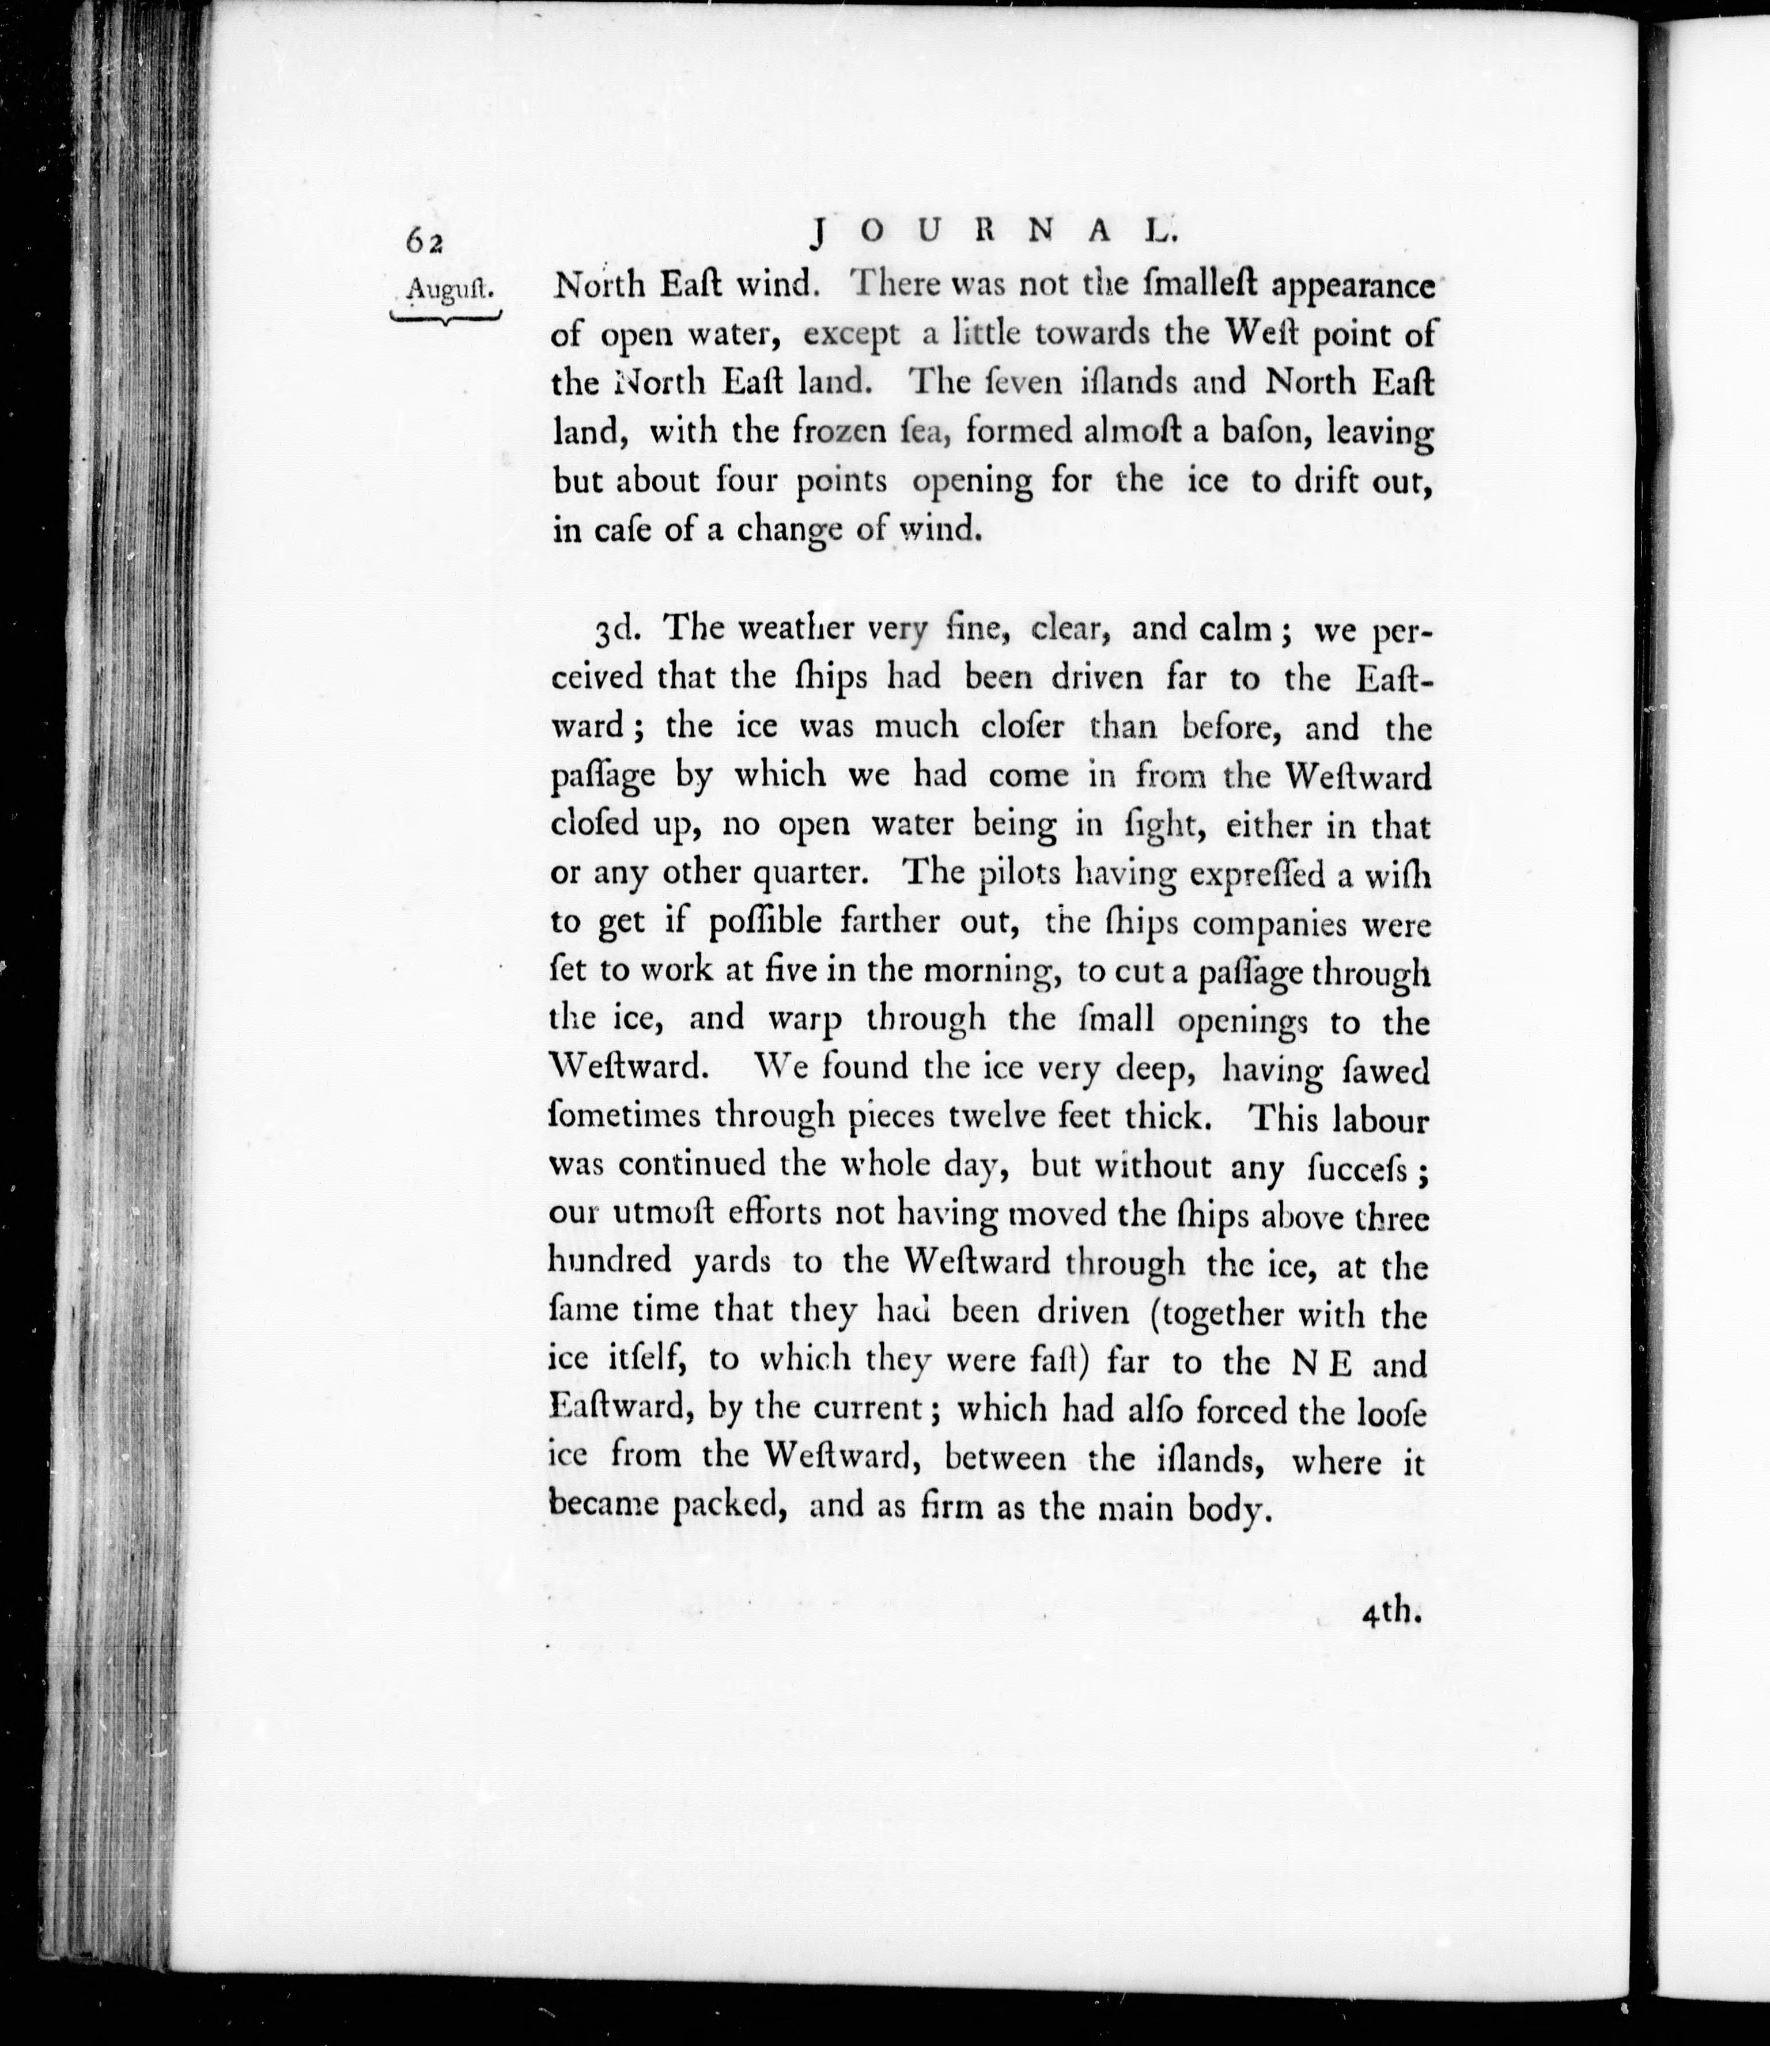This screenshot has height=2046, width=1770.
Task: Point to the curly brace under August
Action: tap(447, 317)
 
